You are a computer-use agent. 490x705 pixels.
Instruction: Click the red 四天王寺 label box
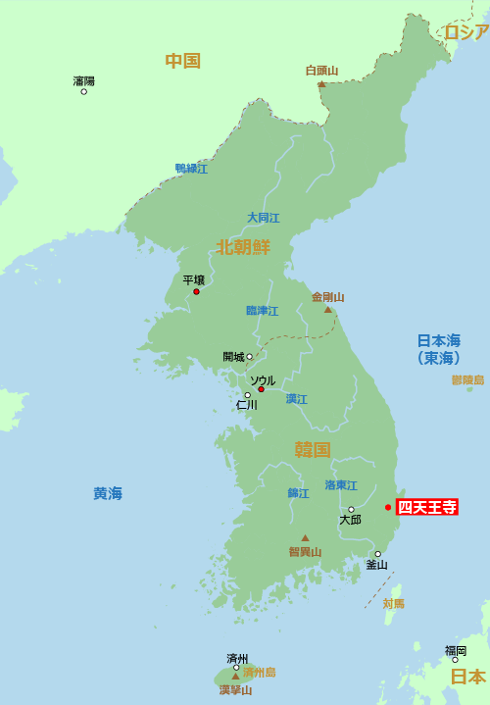426,507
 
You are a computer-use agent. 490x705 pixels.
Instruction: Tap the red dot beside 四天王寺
388,507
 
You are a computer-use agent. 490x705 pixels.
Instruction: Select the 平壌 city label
194,279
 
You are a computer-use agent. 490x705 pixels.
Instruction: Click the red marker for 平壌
196,291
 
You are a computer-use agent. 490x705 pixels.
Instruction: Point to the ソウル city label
263,379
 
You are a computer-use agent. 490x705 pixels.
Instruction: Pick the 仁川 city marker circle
247,395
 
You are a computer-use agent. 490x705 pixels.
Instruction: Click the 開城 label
233,357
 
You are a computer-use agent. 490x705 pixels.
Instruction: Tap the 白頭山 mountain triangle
321,84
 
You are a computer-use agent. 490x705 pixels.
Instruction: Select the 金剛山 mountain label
328,297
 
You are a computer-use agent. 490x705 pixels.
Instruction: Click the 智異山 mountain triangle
305,537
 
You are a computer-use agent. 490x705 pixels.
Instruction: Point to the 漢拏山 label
235,689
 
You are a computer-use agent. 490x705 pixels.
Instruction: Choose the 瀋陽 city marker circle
83,91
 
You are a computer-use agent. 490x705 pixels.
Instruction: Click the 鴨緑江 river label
191,169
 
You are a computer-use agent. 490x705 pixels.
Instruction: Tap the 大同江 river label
264,218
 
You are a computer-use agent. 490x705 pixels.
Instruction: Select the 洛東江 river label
341,485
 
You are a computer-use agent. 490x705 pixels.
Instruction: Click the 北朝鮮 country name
243,246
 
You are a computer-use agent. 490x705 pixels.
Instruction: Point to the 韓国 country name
313,449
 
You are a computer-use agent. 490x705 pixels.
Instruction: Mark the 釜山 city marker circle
377,554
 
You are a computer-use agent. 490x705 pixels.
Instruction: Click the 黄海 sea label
108,493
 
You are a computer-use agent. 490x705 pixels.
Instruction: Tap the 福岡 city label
455,650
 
